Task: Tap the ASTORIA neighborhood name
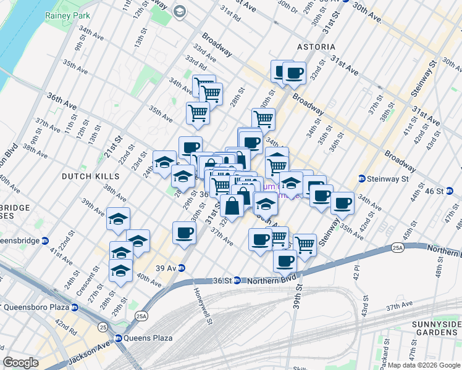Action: pos(315,47)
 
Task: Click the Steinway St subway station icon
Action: pos(362,179)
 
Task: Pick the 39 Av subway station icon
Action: pos(181,268)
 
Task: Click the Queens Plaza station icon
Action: pos(118,338)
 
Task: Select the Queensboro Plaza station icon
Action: pos(75,306)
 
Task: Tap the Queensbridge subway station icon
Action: pos(45,240)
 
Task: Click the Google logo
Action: pos(20,363)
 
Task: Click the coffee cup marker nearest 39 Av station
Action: pos(185,233)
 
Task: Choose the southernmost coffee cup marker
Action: pos(285,260)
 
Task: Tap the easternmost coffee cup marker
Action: pos(342,202)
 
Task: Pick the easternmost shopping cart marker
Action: pos(304,244)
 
